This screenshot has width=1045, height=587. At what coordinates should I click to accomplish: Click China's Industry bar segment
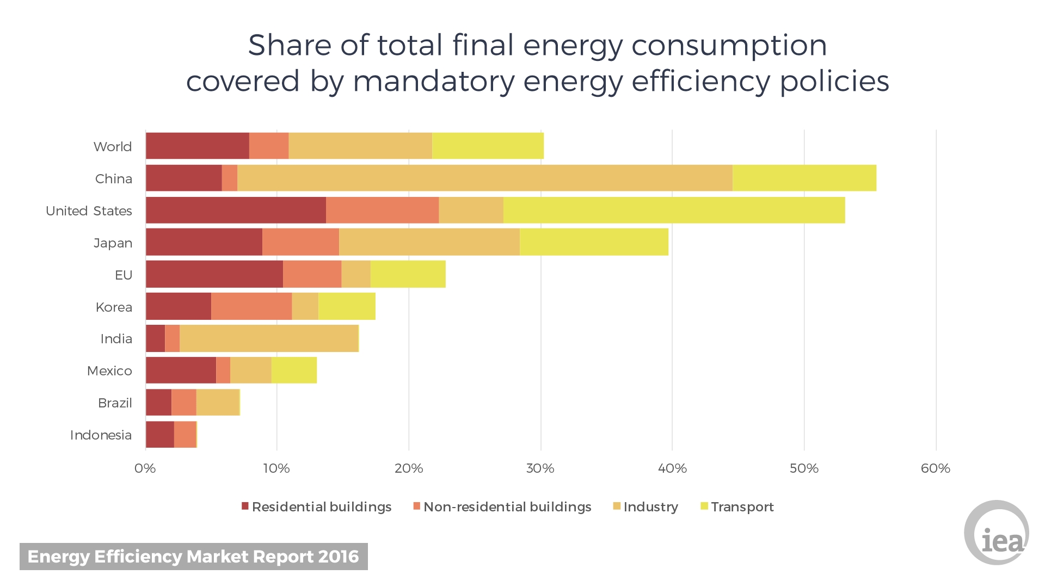click(485, 178)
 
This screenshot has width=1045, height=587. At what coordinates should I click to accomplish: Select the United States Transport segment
click(674, 210)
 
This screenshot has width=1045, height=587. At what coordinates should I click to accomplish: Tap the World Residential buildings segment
click(198, 146)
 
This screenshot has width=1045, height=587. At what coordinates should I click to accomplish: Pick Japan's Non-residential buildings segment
click(300, 242)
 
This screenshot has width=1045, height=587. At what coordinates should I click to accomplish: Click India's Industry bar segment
click(269, 338)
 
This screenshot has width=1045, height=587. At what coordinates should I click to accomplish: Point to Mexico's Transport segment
click(294, 370)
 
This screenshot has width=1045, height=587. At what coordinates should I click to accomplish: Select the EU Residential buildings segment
click(214, 274)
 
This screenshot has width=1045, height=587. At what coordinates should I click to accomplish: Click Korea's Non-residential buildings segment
click(251, 306)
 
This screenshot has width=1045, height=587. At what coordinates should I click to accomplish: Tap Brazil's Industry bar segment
click(218, 402)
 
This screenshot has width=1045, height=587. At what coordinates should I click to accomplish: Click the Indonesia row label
click(101, 435)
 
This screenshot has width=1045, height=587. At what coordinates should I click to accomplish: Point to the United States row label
click(89, 211)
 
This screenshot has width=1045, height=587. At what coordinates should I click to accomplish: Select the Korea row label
click(114, 307)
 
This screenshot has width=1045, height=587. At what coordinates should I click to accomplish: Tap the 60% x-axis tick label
click(936, 468)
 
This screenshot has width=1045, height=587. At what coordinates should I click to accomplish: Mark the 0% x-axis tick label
click(145, 468)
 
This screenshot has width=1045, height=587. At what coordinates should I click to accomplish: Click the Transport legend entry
click(737, 507)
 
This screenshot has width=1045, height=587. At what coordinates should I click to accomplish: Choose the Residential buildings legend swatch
click(245, 506)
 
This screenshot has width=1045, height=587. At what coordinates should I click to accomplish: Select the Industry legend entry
click(646, 507)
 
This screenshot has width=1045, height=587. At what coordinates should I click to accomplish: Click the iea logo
click(997, 533)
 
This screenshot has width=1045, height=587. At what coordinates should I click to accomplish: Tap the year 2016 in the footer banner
click(339, 557)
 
